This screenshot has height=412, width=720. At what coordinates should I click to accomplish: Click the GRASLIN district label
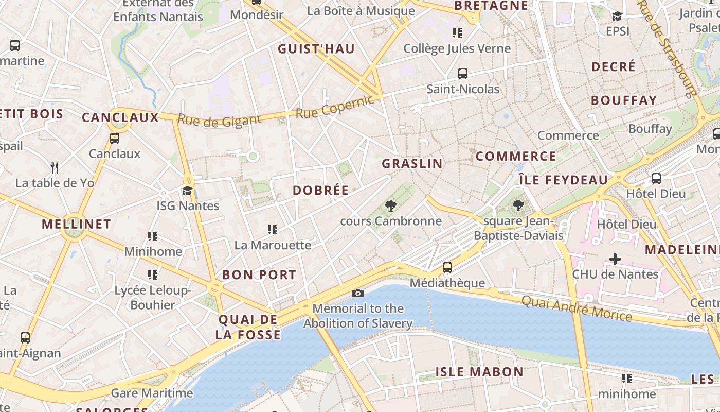[x=412, y=164]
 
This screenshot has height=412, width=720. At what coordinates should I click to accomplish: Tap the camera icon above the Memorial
[x=358, y=293]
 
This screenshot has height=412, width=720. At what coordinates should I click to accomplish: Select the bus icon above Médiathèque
[x=447, y=268]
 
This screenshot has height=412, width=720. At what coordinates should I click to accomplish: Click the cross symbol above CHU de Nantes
[x=615, y=259]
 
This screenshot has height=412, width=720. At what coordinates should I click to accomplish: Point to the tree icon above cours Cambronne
[x=391, y=206]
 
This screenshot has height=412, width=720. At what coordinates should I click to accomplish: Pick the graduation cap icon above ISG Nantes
[x=188, y=191]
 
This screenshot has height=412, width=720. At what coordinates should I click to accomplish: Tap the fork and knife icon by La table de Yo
[x=55, y=167]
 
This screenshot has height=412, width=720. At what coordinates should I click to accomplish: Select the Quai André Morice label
[x=577, y=307]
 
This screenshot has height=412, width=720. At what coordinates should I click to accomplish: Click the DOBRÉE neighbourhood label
[x=321, y=190]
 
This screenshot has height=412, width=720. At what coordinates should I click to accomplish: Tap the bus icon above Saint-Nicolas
[x=463, y=74]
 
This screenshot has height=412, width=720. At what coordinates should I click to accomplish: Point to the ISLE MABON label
[x=479, y=372]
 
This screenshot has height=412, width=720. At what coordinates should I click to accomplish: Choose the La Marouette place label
[x=273, y=245]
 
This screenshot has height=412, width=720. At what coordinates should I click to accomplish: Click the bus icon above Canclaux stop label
[x=114, y=138]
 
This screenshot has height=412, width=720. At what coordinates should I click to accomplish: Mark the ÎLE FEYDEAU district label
[x=563, y=180]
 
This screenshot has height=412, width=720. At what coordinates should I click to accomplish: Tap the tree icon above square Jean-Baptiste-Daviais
[x=518, y=206]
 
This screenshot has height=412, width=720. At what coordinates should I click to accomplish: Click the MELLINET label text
[x=76, y=224]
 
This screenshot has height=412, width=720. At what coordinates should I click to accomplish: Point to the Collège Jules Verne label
[x=457, y=48]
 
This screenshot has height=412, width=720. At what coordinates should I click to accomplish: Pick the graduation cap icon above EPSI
[x=617, y=16]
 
